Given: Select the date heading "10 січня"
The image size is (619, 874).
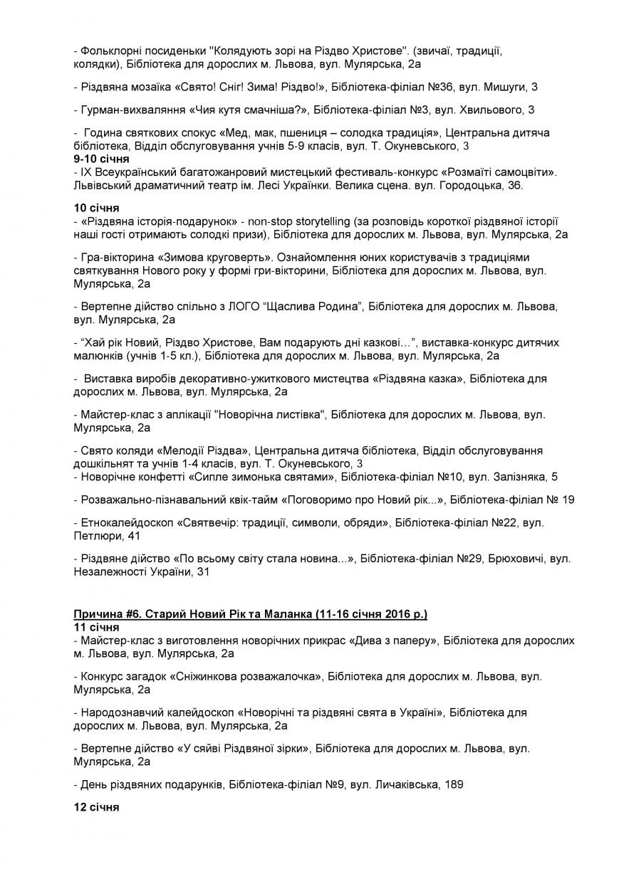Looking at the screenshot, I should coord(96,208).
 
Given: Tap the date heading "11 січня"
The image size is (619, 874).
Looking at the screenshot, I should coord(96,627).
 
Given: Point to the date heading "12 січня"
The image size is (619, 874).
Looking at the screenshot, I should coord(96,808).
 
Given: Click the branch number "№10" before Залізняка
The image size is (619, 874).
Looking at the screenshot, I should coord(454,476).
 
